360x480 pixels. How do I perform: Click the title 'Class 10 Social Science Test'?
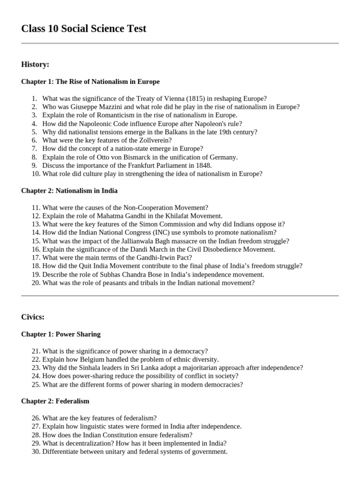click(x=83, y=29)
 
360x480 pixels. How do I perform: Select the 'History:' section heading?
click(x=35, y=64)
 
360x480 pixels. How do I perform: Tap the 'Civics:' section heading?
click(x=33, y=317)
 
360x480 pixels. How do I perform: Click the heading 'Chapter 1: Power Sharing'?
click(x=61, y=334)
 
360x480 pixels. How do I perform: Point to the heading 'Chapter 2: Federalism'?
click(x=55, y=401)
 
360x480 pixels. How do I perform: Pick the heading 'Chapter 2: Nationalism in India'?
click(x=69, y=191)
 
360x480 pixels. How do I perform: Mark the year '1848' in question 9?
click(x=204, y=165)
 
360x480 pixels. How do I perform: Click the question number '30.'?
click(x=36, y=451)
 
